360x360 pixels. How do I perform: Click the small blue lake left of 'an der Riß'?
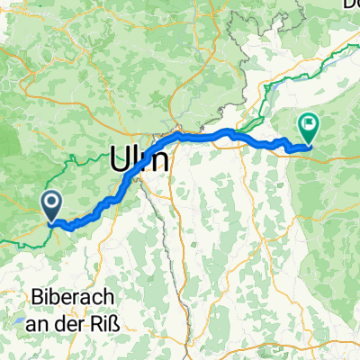tap(19, 318)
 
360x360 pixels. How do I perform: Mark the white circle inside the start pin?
tap(52, 202)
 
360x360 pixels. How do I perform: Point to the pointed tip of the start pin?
tap(52, 220)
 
